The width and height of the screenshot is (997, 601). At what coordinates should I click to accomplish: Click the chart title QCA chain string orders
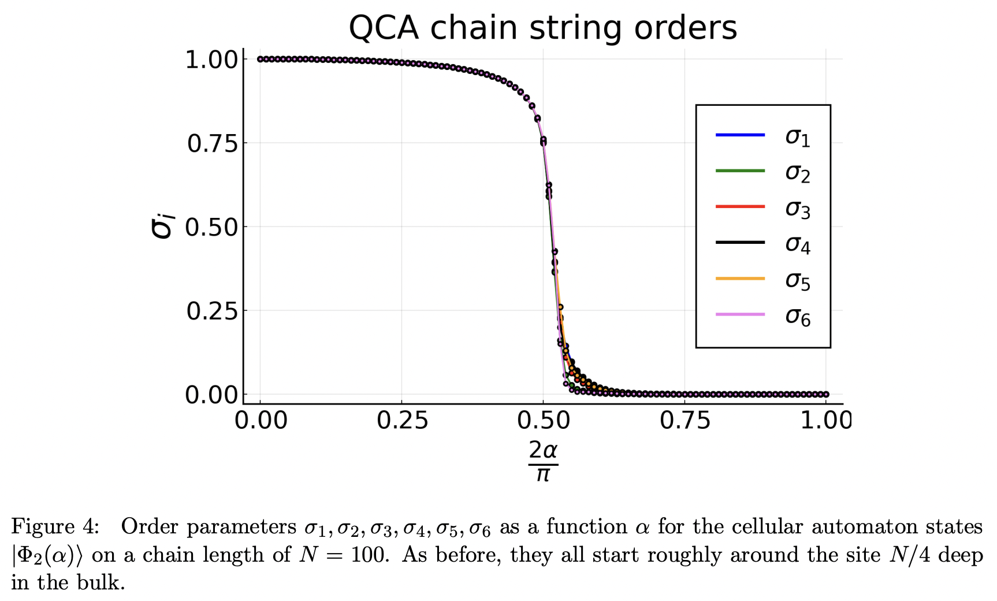542,28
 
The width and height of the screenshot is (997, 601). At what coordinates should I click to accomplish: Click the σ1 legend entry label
797,137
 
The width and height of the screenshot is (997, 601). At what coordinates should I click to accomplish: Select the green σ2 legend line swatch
740,171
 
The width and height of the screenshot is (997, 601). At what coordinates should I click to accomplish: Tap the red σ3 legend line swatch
740,207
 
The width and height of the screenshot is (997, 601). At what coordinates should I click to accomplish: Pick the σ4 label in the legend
797,244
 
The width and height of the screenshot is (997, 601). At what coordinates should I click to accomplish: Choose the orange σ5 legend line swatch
740,279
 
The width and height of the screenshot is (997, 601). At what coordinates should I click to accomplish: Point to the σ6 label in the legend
797,317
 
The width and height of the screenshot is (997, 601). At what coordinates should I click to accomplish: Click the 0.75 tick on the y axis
212,143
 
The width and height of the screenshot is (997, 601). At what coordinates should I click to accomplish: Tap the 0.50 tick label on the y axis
212,227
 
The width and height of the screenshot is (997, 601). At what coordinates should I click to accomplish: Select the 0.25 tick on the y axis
212,311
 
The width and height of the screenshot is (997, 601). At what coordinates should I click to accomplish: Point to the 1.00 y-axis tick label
212,60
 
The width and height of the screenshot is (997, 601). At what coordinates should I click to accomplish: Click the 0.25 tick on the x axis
402,420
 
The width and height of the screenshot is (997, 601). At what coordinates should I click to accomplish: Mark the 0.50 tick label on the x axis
543,420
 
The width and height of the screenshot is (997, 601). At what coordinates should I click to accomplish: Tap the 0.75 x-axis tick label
684,420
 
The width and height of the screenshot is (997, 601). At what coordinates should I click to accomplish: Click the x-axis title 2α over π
543,461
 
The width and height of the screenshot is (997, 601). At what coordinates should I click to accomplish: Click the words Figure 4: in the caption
55,526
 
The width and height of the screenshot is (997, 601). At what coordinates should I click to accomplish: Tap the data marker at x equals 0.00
260,59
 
